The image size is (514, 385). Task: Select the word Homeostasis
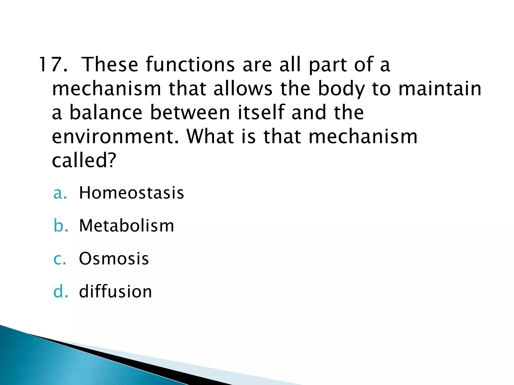(x=131, y=193)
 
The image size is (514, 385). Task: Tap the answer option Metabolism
(x=126, y=226)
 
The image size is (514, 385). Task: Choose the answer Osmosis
(x=114, y=258)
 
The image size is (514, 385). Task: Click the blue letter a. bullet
(x=60, y=193)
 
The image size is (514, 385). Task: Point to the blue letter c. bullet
(x=60, y=259)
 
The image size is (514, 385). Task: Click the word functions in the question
(x=190, y=64)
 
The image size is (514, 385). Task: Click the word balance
(x=106, y=113)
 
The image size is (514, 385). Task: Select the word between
(x=190, y=113)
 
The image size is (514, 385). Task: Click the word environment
(x=116, y=137)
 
